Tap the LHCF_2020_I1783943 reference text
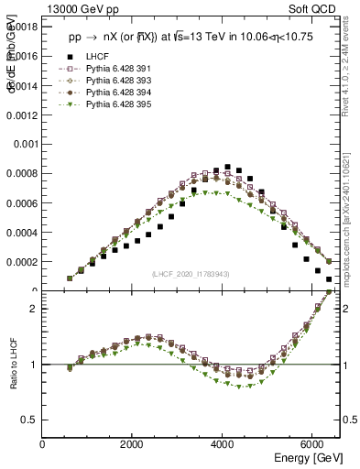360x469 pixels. [191, 275]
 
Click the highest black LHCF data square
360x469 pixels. [227, 167]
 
